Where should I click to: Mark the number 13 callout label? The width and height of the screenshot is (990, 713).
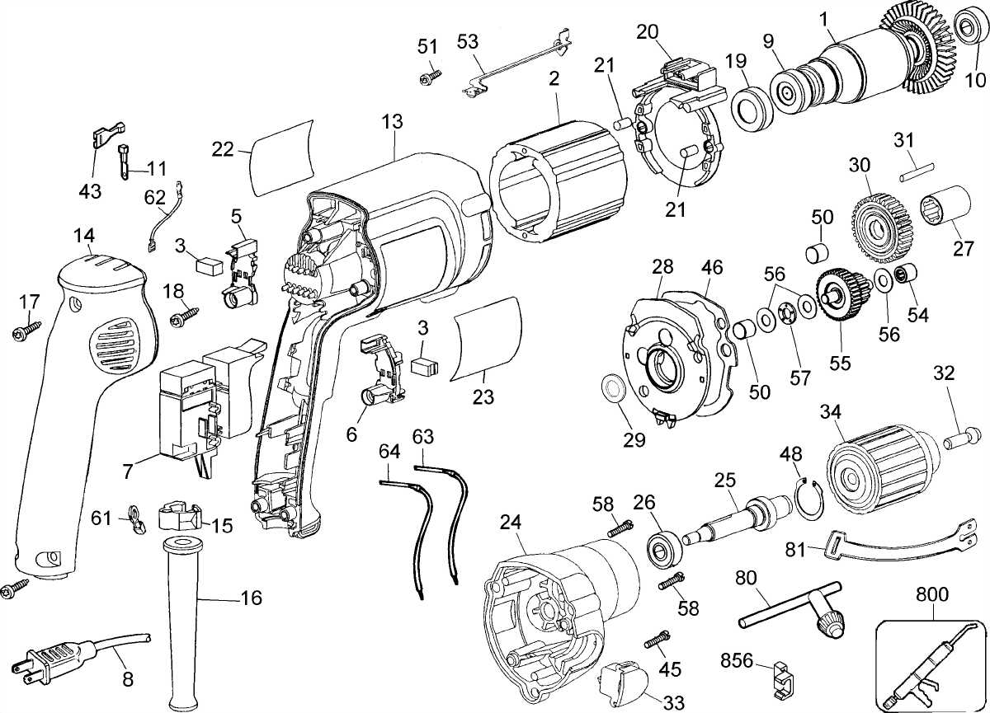(392, 122)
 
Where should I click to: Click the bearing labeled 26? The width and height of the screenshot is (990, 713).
(662, 547)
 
